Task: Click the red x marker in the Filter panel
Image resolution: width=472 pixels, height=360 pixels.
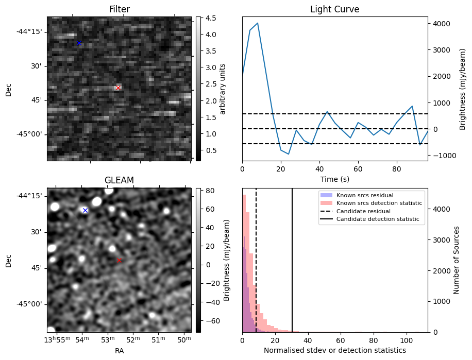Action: coord(118,88)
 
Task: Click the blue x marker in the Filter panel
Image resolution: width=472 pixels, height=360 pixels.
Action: coord(79,43)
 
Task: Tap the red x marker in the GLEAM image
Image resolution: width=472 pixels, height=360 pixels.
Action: coord(119,261)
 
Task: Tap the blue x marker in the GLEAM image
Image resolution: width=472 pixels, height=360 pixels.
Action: coord(85,210)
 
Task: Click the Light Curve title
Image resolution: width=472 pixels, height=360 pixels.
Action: coord(334,9)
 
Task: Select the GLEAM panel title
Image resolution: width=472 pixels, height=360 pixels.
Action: coord(119,180)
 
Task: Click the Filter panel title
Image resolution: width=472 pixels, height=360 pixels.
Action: coord(119,9)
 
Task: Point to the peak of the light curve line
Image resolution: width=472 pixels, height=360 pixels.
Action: coord(258,23)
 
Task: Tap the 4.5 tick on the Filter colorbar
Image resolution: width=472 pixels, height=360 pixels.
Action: coord(208,19)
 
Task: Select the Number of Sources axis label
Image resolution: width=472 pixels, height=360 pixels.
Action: coord(456,260)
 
